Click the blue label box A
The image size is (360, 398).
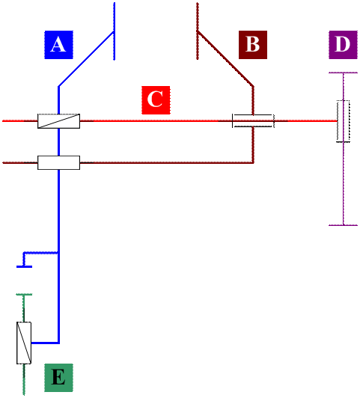(x=58, y=45)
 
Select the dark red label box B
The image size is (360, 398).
(x=253, y=45)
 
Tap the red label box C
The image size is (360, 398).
(x=156, y=100)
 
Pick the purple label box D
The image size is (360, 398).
(x=343, y=45)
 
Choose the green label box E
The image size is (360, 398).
(x=58, y=378)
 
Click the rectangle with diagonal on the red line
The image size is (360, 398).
(x=58, y=121)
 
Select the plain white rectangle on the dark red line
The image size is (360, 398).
(x=58, y=162)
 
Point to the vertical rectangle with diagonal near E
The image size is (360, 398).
(x=24, y=343)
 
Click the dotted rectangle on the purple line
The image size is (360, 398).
(x=344, y=121)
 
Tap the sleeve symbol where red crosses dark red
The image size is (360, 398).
(x=254, y=121)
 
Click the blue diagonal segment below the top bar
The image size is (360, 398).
(x=86, y=59)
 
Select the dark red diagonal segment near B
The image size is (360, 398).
(x=225, y=59)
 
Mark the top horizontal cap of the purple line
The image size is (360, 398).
(x=344, y=73)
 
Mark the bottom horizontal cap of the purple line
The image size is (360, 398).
(x=344, y=225)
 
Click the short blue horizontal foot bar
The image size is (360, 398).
(x=24, y=266)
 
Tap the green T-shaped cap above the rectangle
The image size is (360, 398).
(x=24, y=295)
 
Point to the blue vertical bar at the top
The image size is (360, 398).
(x=115, y=31)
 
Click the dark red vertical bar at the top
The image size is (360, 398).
(x=198, y=31)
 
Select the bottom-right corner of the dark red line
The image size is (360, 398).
(x=253, y=162)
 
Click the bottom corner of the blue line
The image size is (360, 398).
(x=58, y=343)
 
